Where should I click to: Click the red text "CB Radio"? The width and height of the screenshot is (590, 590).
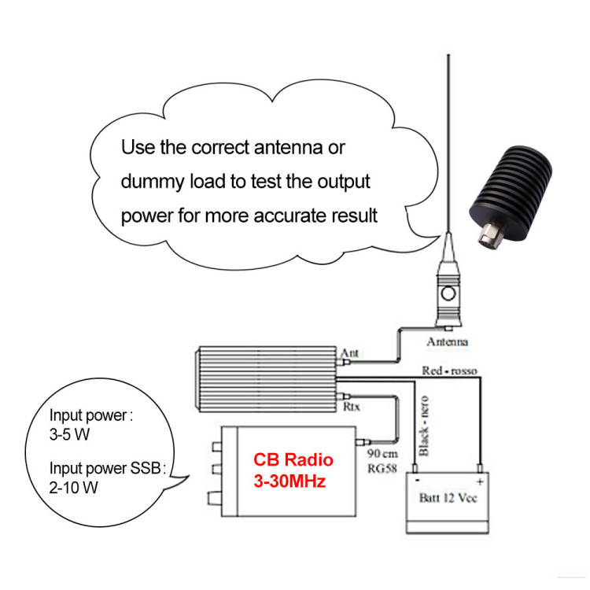[293, 460]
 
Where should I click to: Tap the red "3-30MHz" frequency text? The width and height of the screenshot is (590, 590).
[289, 481]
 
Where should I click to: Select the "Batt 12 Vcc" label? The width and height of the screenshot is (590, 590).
[448, 498]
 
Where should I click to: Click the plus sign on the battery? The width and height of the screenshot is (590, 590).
[480, 481]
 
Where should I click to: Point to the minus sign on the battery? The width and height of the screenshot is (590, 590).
[417, 481]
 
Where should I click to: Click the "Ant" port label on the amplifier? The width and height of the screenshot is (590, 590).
[349, 353]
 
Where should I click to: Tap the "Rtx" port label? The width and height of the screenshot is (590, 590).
[352, 407]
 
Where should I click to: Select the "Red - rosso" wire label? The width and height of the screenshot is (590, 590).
[449, 371]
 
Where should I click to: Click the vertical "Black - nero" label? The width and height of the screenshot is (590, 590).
[424, 426]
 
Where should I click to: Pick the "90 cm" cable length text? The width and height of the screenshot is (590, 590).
[382, 454]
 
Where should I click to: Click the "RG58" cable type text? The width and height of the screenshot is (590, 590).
[382, 469]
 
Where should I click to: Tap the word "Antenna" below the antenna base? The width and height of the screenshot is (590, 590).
[448, 341]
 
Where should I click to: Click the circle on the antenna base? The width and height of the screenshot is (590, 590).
[448, 293]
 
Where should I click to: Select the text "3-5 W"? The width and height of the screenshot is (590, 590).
[69, 434]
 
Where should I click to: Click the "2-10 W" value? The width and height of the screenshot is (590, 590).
[73, 488]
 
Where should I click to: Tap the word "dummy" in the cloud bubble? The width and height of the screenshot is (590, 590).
[153, 183]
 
